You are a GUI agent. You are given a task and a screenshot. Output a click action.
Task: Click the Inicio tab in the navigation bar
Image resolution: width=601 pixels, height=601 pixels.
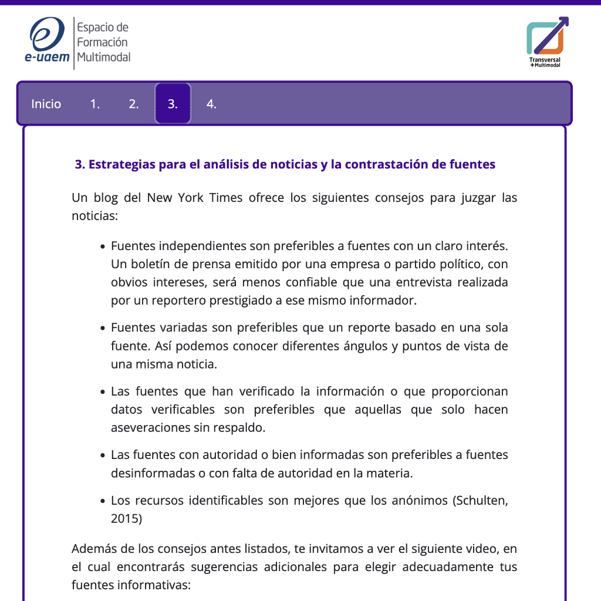click(46, 104)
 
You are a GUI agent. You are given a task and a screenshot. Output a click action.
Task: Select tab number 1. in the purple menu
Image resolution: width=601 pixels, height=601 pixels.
click(95, 104)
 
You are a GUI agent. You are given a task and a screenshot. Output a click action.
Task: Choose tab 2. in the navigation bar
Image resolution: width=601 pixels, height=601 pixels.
click(134, 104)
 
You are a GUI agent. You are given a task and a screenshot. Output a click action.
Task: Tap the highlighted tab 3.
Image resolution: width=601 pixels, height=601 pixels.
click(173, 104)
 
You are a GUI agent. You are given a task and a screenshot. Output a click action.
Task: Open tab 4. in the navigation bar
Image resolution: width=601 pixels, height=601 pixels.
click(211, 104)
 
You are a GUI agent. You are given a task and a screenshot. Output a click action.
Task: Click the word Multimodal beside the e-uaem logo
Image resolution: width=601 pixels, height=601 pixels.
click(104, 57)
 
